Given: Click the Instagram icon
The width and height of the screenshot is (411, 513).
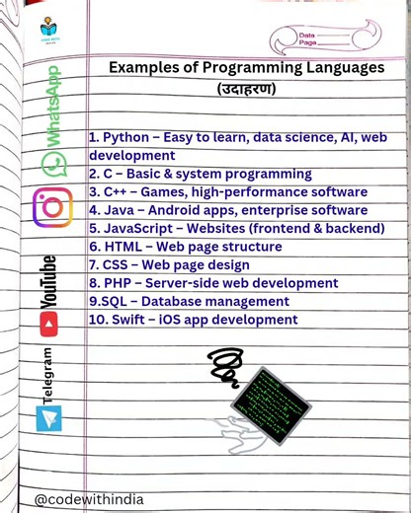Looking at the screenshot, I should pyautogui.click(x=52, y=207).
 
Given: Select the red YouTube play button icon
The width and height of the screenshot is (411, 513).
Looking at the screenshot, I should pyautogui.click(x=48, y=322).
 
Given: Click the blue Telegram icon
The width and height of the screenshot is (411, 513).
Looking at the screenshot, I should pyautogui.click(x=48, y=417).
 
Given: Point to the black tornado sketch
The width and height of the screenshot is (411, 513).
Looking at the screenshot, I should pyautogui.click(x=226, y=367).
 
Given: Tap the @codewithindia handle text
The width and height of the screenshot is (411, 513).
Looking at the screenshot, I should pyautogui.click(x=89, y=499).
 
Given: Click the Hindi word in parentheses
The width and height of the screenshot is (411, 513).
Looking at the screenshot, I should pyautogui.click(x=246, y=89).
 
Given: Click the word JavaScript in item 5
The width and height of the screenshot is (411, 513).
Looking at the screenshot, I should pyautogui.click(x=138, y=228).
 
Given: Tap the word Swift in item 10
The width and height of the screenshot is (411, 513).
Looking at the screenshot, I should pyautogui.click(x=136, y=320).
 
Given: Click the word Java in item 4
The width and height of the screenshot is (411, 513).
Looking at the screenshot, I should pyautogui.click(x=120, y=210).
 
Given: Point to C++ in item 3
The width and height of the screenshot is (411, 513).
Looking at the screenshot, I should pyautogui.click(x=117, y=191).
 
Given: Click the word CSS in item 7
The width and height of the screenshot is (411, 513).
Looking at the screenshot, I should pyautogui.click(x=119, y=264).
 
